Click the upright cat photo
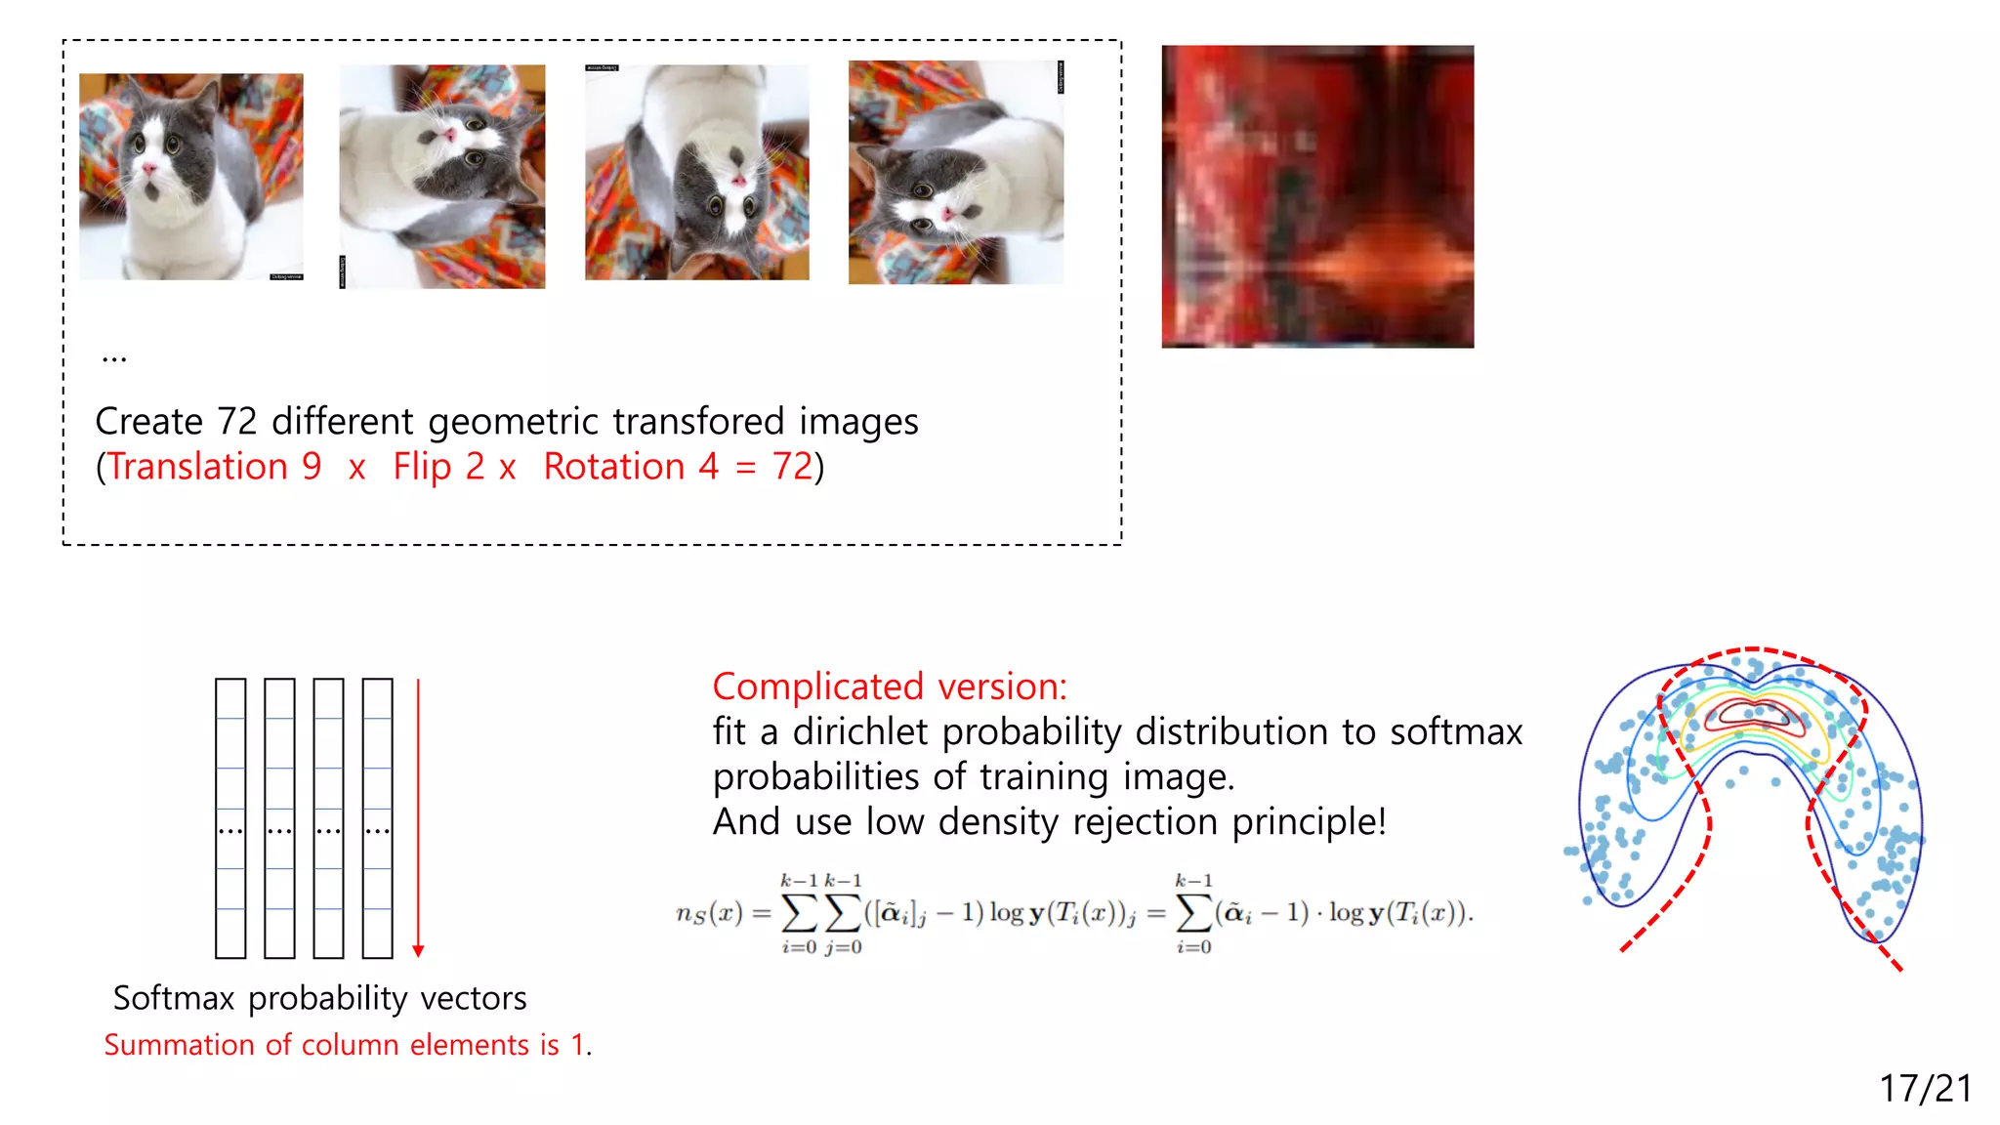[191, 177]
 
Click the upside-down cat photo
[697, 173]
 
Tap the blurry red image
[1317, 196]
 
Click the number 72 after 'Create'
[236, 422]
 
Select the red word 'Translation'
[197, 467]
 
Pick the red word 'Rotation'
[614, 467]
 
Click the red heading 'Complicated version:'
[890, 687]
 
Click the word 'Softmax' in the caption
[174, 998]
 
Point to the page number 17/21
[1926, 1088]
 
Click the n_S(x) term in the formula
[709, 913]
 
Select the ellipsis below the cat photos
[114, 357]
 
